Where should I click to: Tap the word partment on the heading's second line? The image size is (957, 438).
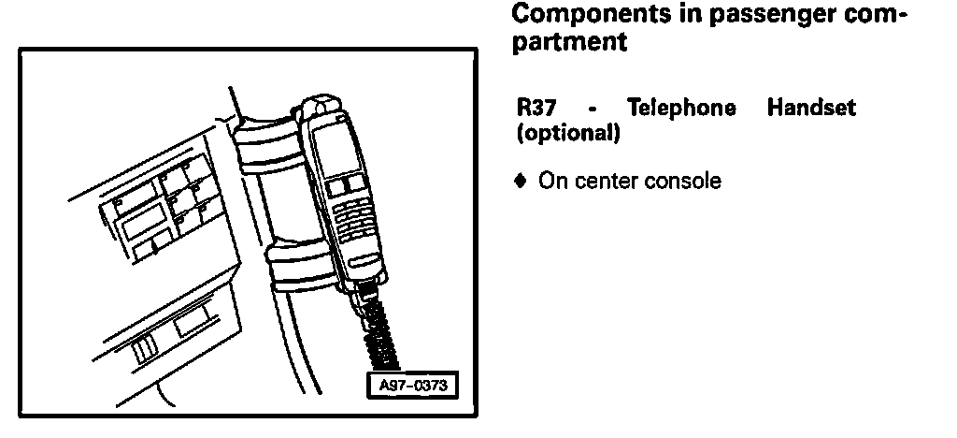[x=571, y=43]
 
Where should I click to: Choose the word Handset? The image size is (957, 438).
[x=810, y=109]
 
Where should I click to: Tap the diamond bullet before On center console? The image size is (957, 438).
[x=522, y=180]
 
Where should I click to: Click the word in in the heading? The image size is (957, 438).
[x=657, y=16]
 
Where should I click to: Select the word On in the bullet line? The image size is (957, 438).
[x=549, y=181]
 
